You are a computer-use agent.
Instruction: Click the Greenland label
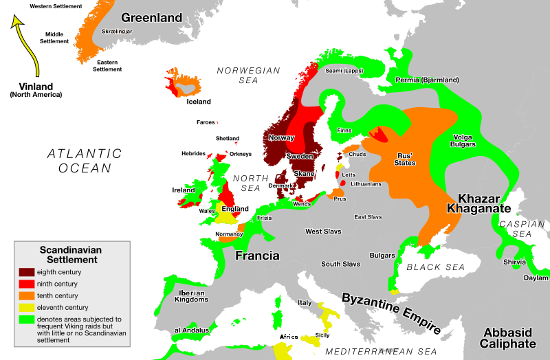point(152,17)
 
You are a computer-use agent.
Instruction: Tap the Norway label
point(281,137)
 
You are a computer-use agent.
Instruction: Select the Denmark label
point(280,185)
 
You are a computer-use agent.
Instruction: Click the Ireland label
point(184,190)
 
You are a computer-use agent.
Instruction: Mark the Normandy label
point(229,234)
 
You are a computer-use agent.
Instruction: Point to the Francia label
point(257,256)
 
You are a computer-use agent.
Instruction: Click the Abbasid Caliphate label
point(508,337)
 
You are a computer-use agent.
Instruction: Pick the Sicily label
point(322,335)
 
